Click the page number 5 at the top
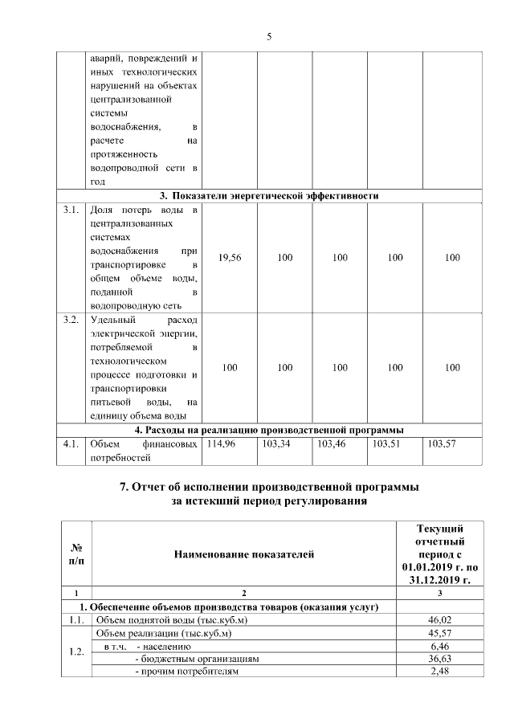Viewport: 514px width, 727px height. [x=269, y=36]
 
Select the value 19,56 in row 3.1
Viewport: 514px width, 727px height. [x=230, y=258]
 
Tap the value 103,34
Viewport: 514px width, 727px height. [x=276, y=444]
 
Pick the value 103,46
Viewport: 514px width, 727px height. [x=332, y=444]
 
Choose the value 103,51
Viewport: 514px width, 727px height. [x=387, y=444]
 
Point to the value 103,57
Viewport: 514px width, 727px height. [x=443, y=444]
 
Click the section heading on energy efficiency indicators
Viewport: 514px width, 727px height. [x=268, y=195]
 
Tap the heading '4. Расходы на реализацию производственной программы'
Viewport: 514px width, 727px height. [x=268, y=430]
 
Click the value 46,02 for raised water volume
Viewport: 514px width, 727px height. [x=439, y=620]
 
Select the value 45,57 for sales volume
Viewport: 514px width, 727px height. [x=439, y=633]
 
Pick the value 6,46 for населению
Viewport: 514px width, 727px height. [x=439, y=646]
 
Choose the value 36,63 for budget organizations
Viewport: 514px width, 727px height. [x=439, y=659]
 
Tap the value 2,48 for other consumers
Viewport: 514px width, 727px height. [x=439, y=672]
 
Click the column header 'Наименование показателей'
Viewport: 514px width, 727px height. [x=245, y=553]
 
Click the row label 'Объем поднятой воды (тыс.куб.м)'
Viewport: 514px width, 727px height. [x=158, y=620]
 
